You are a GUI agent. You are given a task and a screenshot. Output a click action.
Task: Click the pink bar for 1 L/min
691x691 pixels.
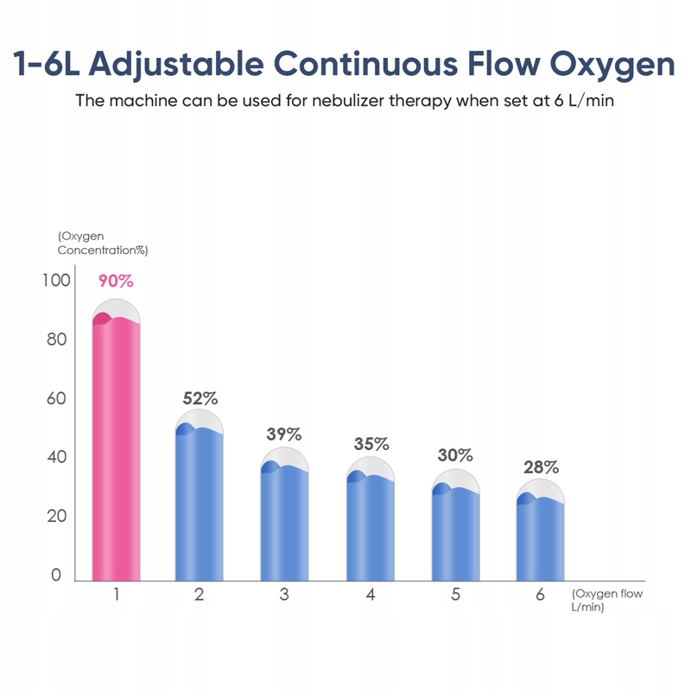tap(116, 449)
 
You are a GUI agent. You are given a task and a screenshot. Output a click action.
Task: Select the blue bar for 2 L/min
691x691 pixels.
tap(200, 505)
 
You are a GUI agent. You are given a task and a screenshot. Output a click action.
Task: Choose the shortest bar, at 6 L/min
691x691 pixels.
tap(540, 539)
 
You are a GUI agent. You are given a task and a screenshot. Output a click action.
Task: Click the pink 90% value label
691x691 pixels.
tap(116, 281)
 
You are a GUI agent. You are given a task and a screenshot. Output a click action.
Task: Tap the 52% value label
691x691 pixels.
tap(200, 398)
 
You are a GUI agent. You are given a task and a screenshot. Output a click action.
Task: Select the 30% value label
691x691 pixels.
tap(455, 454)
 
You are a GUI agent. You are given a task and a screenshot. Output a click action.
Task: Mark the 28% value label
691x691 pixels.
tap(542, 467)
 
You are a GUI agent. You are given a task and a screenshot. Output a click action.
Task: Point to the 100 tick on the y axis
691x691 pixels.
tap(54, 281)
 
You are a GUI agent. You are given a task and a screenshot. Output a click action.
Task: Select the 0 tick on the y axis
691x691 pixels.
tap(57, 575)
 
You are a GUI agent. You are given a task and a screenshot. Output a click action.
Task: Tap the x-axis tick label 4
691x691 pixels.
tap(371, 594)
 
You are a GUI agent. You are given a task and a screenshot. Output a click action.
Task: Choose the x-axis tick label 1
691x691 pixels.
tap(116, 594)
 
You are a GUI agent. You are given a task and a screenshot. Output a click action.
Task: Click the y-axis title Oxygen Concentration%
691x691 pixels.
tap(102, 243)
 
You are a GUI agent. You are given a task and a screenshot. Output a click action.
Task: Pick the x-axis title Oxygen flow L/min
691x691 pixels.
tap(606, 600)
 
